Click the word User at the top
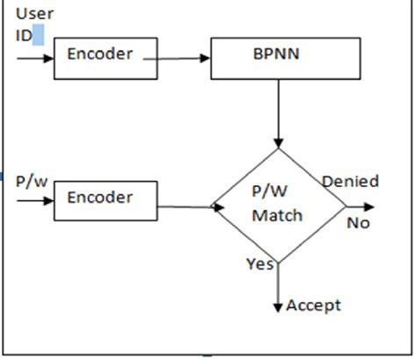tap(34, 14)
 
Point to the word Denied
tap(349, 182)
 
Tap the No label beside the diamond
tap(357, 223)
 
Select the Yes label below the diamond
tap(261, 263)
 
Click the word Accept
tap(313, 306)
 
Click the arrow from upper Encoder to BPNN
tap(183, 59)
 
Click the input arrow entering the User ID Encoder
tap(34, 59)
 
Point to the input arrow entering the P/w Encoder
tap(34, 200)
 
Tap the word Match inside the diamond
tap(277, 215)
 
